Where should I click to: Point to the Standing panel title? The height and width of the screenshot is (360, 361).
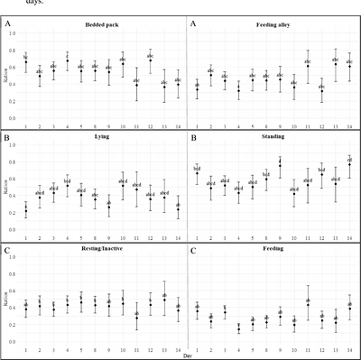[274, 141]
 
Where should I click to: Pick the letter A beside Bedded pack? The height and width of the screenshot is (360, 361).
[9, 25]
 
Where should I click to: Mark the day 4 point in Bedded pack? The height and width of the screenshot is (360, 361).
[68, 60]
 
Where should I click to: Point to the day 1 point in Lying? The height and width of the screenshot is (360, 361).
[25, 209]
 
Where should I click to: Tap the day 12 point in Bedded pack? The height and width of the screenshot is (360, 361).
[150, 61]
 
